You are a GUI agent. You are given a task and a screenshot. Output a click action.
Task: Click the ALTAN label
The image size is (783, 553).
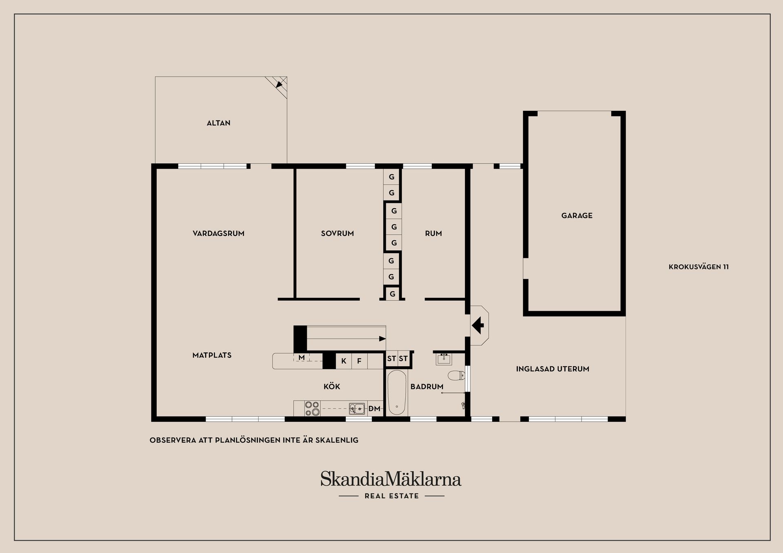218,123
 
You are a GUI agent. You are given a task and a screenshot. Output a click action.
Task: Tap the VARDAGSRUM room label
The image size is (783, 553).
218,234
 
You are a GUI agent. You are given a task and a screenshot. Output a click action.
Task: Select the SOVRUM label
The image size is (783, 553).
337,234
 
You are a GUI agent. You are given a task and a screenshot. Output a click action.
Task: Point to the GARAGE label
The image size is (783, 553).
577,216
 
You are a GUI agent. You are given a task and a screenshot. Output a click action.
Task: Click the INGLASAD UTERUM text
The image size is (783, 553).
552,369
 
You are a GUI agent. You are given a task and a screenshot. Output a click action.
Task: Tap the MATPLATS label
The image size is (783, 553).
212,355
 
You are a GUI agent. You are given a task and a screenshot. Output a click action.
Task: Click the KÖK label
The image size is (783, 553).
332,387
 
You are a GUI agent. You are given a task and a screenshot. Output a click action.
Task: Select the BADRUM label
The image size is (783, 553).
427,387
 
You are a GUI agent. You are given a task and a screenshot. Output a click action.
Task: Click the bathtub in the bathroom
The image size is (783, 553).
396,392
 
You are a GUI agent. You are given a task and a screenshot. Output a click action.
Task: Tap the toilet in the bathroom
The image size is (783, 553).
456,375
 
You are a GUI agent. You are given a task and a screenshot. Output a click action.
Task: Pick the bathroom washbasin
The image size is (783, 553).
444,359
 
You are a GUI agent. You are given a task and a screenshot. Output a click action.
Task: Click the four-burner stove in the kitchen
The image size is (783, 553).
312,408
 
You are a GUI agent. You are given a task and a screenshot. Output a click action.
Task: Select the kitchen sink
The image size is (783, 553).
357,408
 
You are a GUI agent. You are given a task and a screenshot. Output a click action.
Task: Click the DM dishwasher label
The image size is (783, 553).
374,409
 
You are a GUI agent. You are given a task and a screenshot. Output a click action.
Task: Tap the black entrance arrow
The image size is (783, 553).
478,326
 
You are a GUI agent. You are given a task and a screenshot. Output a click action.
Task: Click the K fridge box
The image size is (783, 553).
344,361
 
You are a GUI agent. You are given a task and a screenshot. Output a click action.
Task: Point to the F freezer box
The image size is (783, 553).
359,361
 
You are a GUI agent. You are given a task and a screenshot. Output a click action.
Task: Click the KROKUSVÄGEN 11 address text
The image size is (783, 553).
699,267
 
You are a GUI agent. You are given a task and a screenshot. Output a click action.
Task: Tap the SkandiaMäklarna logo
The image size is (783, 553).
391,479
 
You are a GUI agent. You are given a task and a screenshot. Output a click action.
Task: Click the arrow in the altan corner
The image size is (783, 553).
279,84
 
